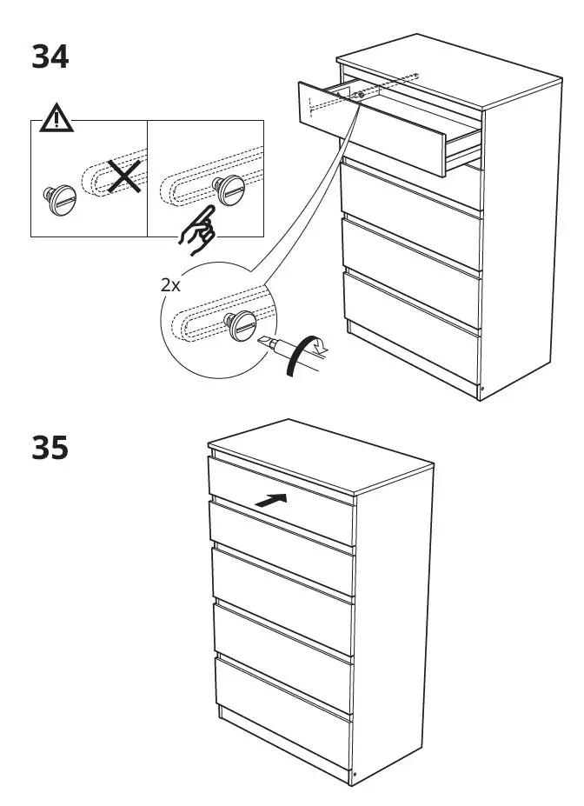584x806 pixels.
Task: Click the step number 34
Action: (50, 57)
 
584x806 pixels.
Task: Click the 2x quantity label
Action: (171, 284)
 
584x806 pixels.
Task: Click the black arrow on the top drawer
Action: (272, 503)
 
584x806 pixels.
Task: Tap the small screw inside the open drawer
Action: (360, 93)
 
